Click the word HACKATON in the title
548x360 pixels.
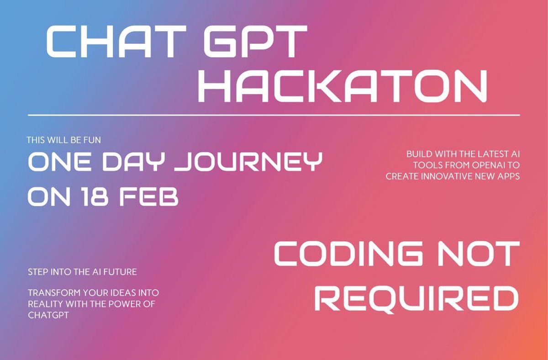pos(342,86)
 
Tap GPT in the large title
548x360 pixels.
pos(255,41)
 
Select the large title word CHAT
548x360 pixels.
pos(116,41)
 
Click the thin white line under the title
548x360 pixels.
pos(274,115)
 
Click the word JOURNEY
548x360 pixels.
pos(248,161)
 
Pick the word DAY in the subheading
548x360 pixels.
pos(132,161)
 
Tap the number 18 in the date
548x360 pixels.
pos(95,197)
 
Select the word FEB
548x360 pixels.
pos(149,197)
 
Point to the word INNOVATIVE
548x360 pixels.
pos(447,176)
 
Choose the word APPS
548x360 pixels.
pos(509,176)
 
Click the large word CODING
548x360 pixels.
pos(348,253)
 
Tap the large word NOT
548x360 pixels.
pos(478,253)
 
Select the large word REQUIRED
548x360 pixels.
pos(416,299)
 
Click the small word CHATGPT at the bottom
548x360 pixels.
pos(48,315)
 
